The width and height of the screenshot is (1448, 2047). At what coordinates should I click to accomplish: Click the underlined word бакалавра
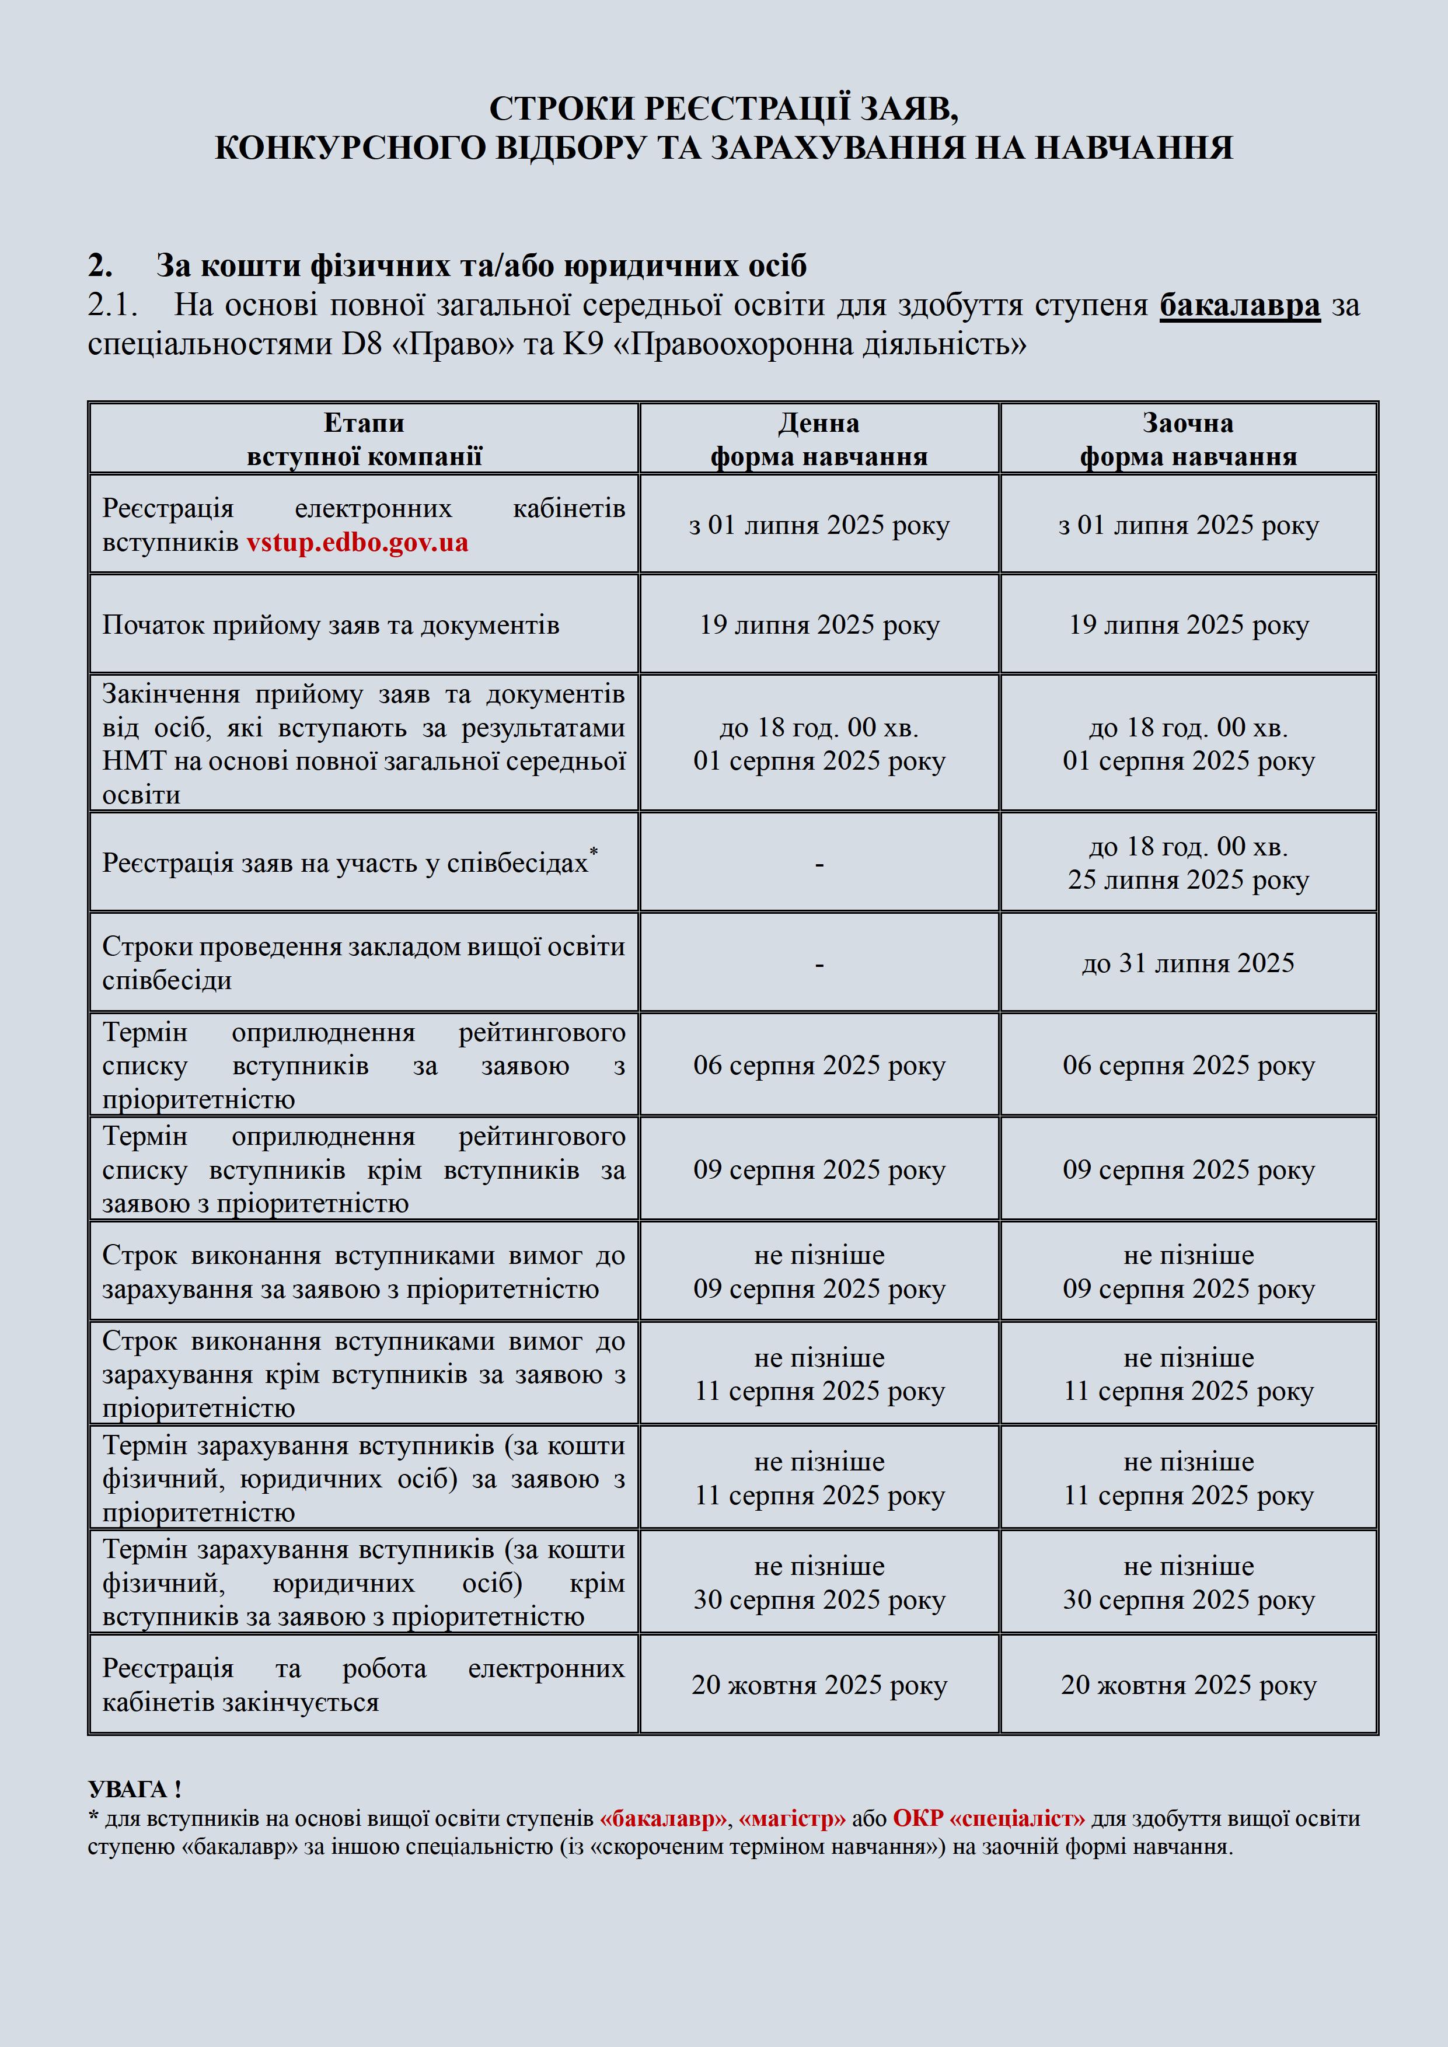(x=1240, y=305)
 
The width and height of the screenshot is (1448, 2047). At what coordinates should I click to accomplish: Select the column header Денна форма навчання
(x=818, y=439)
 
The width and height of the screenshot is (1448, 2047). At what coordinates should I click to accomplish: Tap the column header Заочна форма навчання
(x=1188, y=439)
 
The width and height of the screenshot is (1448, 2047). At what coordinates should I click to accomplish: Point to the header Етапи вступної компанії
(x=364, y=439)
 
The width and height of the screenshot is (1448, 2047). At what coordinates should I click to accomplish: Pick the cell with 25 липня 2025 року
(x=1188, y=880)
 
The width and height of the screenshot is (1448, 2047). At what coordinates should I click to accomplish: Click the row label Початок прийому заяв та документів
(x=331, y=625)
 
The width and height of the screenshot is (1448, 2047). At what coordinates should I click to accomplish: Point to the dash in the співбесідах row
(x=818, y=863)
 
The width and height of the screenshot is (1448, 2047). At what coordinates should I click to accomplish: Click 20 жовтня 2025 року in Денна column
(x=818, y=1685)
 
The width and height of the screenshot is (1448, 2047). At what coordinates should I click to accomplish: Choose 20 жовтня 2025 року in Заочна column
(x=1188, y=1685)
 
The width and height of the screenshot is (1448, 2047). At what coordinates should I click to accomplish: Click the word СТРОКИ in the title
(x=560, y=109)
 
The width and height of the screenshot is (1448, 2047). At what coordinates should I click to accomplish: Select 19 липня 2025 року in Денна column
(x=818, y=625)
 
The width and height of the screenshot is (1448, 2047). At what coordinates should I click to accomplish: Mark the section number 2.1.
(x=112, y=305)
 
